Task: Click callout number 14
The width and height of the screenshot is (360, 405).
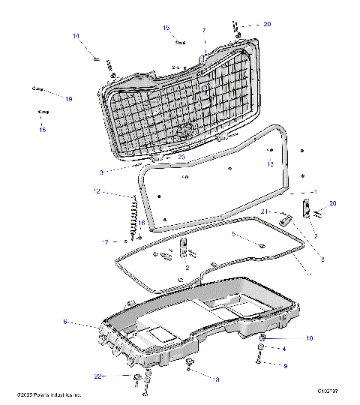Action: (76, 36)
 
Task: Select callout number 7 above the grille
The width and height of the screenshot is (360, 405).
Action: (203, 30)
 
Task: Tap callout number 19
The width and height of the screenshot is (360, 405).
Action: (68, 99)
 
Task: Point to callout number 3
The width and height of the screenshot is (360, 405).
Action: (100, 172)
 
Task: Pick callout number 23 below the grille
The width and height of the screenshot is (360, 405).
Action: (181, 157)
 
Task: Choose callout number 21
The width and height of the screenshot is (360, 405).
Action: (264, 212)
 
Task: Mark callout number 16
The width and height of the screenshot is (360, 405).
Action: (142, 223)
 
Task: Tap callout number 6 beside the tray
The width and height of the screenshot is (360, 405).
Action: (65, 321)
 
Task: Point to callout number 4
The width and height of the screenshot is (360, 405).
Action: (283, 349)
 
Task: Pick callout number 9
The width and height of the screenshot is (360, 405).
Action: (285, 365)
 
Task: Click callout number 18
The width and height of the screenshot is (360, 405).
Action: (217, 379)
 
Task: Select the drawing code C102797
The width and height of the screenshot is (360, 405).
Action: (328, 391)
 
